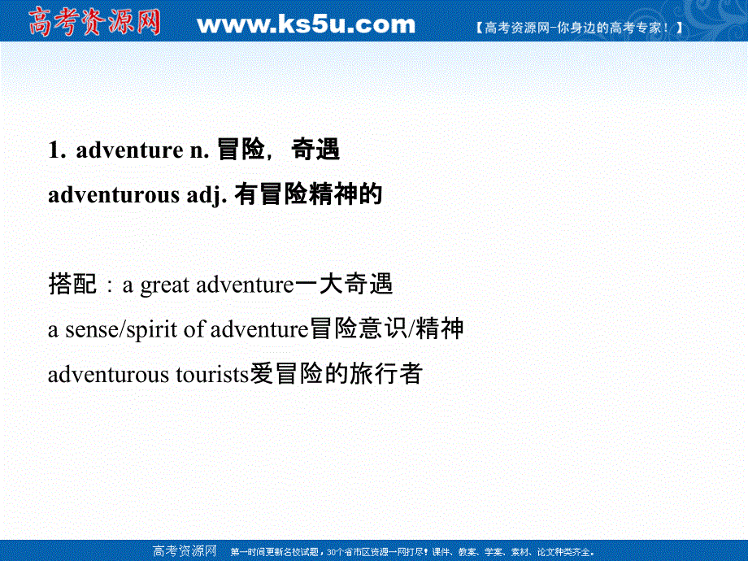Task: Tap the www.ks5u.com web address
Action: pyautogui.click(x=306, y=24)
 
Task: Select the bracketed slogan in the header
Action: pyautogui.click(x=577, y=27)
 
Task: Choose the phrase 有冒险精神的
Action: pyautogui.click(x=308, y=196)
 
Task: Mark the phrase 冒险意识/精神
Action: pyautogui.click(x=387, y=329)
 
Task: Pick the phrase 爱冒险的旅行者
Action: pyautogui.click(x=335, y=374)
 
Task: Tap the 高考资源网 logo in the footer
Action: pyautogui.click(x=184, y=551)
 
